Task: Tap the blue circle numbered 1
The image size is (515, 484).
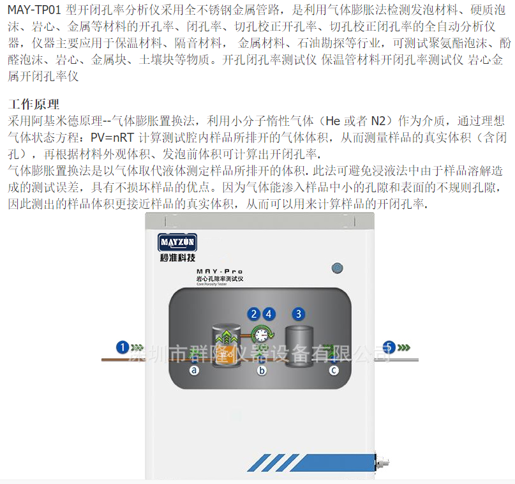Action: [123, 347]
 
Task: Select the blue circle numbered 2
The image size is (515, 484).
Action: [254, 314]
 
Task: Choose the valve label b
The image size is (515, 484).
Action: [261, 370]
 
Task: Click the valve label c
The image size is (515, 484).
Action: [333, 370]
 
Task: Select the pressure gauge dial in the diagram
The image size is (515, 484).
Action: [261, 334]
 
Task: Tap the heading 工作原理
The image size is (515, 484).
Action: [33, 104]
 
